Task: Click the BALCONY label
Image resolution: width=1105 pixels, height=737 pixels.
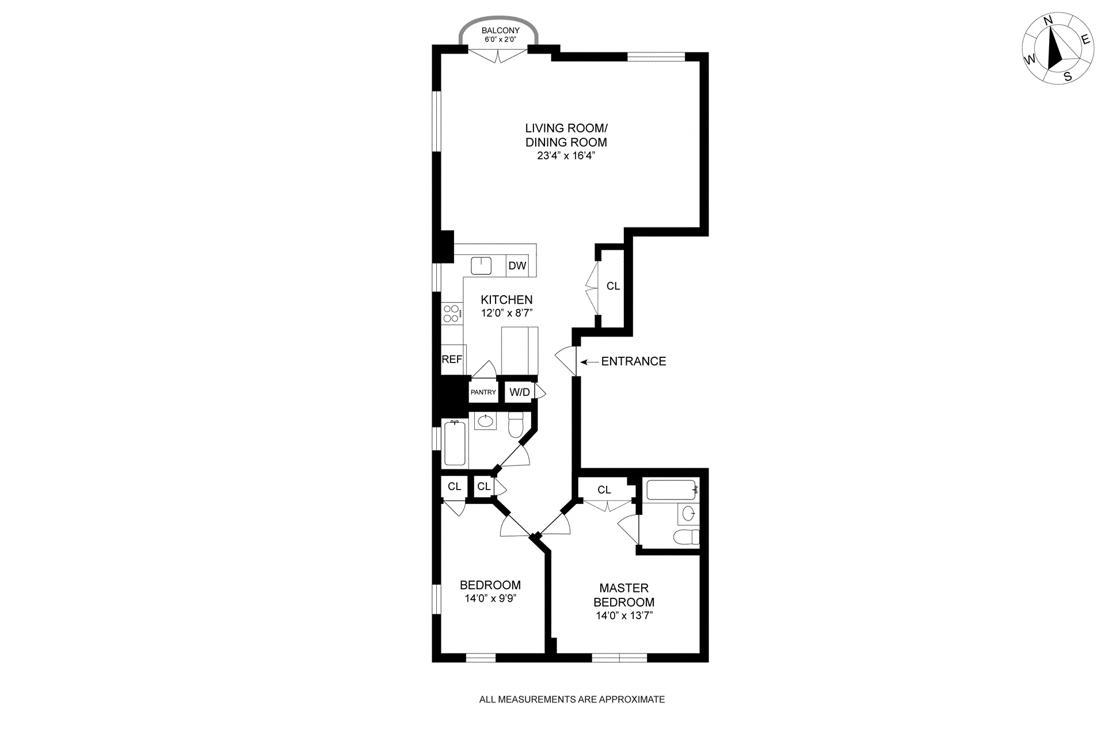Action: tap(500, 30)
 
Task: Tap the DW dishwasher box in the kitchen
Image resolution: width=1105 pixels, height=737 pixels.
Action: tap(517, 265)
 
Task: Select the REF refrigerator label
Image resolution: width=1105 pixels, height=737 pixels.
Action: tap(452, 360)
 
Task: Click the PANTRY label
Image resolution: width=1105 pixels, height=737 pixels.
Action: tap(483, 392)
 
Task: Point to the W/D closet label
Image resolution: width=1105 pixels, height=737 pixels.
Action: tap(520, 392)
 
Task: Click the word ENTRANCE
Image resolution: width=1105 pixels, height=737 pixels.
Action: tap(634, 361)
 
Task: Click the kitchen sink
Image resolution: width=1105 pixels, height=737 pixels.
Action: tap(481, 265)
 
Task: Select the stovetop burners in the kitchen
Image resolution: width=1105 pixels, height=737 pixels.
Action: tap(451, 314)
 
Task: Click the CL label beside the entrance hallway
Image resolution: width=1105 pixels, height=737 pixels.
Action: tap(613, 286)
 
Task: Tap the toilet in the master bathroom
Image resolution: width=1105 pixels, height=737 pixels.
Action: tap(687, 537)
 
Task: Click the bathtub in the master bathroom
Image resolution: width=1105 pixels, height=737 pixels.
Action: tap(671, 490)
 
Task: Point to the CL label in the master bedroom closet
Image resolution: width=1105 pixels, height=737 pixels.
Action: tap(604, 490)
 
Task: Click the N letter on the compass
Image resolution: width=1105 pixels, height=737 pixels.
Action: tap(1048, 37)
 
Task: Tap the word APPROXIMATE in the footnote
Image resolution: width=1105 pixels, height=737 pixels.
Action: tap(632, 700)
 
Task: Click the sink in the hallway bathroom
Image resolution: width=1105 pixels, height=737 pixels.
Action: tap(486, 421)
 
